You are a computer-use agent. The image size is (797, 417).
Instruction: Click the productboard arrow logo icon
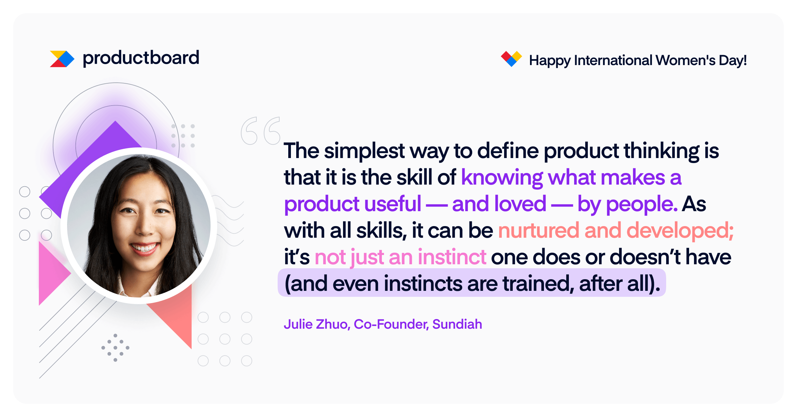pyautogui.click(x=62, y=59)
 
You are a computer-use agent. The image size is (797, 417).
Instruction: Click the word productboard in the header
pyautogui.click(x=141, y=58)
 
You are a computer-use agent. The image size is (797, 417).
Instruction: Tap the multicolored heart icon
pyautogui.click(x=511, y=59)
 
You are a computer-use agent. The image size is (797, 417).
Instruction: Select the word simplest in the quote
pyautogui.click(x=364, y=151)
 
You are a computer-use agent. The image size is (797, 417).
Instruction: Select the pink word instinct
pyautogui.click(x=452, y=257)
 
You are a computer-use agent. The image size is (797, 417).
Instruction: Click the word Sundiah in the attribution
pyautogui.click(x=457, y=324)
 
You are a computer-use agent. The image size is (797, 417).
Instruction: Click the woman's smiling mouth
pyautogui.click(x=144, y=248)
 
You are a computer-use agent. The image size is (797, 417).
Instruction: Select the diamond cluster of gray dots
pyautogui.click(x=115, y=348)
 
